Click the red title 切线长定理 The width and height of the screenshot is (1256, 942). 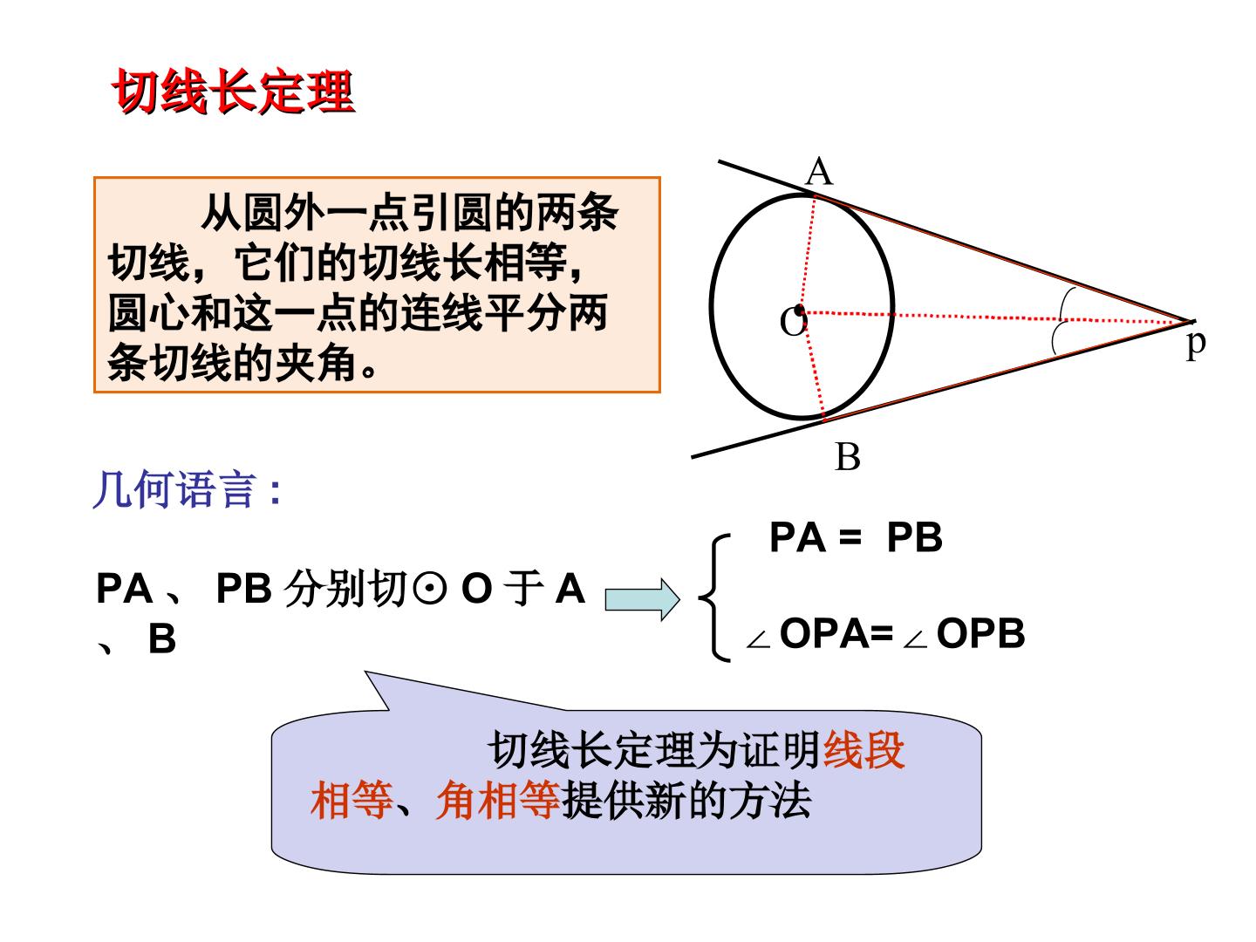pos(233,92)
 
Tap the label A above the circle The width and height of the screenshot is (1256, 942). pos(819,171)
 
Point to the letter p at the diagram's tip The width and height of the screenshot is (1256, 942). pos(1196,345)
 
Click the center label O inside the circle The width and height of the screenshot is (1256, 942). pos(793,322)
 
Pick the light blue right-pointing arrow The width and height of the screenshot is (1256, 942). pos(642,599)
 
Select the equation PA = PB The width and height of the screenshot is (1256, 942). pos(856,537)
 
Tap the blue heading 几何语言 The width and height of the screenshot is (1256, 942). pos(188,489)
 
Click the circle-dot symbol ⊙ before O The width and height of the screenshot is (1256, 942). pos(430,589)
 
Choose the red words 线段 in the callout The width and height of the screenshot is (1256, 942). pos(863,750)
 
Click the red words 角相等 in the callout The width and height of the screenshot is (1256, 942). pos(498,801)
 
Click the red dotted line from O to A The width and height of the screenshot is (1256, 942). pos(808,252)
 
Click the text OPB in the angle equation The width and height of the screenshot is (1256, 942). pos(980,634)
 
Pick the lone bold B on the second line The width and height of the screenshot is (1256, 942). pos(162,638)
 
